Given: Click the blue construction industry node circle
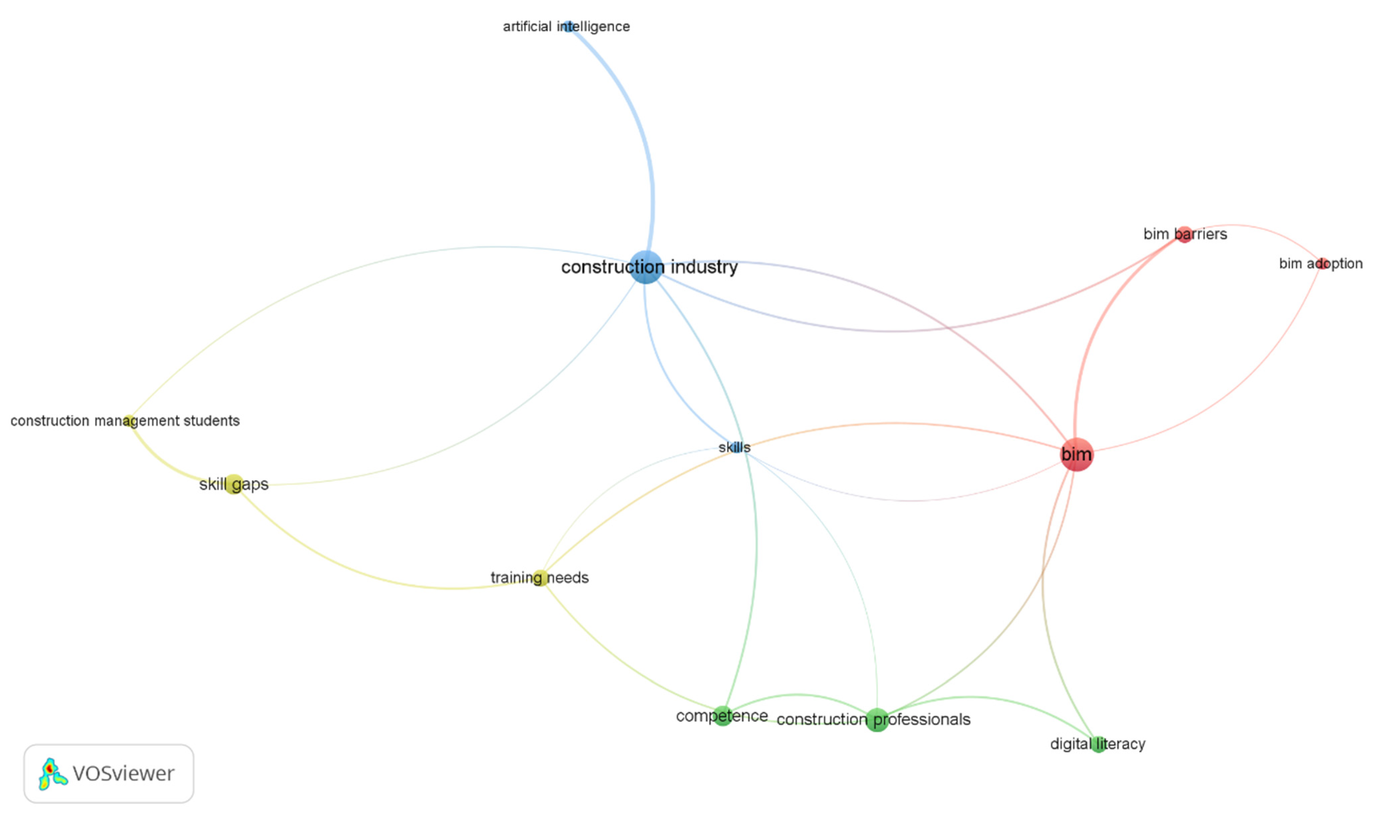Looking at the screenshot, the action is click(x=646, y=267).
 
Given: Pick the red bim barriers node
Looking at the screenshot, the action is click(x=1184, y=234).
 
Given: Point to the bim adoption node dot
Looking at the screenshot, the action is click(x=1322, y=264).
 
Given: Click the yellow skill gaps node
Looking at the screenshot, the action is click(x=234, y=484).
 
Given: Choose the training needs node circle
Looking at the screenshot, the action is click(x=540, y=578).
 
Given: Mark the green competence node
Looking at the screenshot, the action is click(x=722, y=716).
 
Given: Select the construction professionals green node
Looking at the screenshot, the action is click(x=877, y=720).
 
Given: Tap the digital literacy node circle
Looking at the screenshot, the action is click(x=1098, y=744).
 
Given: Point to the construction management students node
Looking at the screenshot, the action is click(x=129, y=421).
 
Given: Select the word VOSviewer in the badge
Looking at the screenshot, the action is click(x=123, y=774).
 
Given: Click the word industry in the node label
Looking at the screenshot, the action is click(x=704, y=267).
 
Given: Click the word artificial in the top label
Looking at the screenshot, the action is click(x=527, y=26).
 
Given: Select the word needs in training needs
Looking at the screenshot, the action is click(x=568, y=578).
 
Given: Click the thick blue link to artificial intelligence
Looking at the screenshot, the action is click(x=636, y=111).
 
